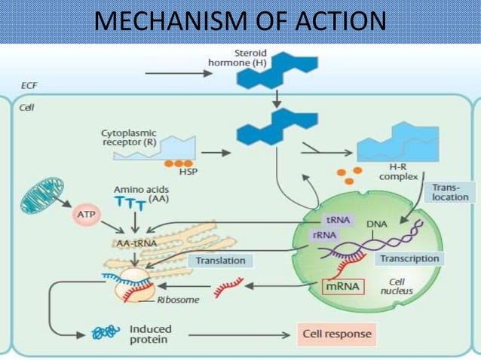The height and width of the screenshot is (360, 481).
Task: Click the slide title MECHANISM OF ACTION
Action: pos(240,21)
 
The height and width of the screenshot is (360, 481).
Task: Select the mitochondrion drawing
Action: pos(44,197)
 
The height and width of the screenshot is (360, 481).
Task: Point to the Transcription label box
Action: pos(409,258)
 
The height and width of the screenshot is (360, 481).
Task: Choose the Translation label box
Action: pos(220,261)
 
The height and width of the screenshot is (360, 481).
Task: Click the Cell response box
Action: pos(335,332)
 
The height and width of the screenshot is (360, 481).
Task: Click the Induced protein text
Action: pos(151,334)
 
